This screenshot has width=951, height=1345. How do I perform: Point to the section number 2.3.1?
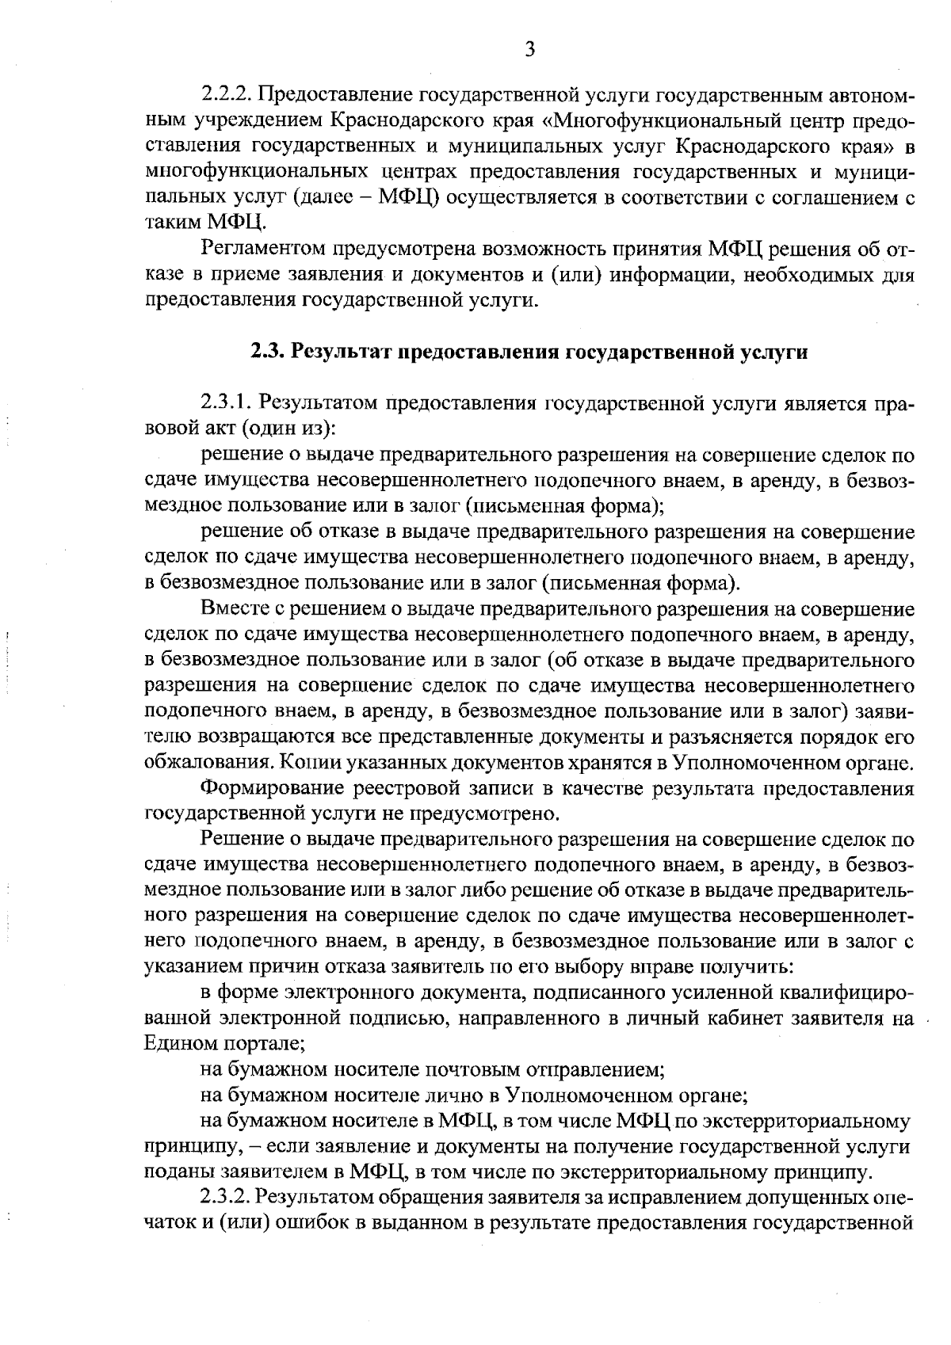point(227,404)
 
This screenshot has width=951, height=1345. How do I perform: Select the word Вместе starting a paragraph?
point(234,610)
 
